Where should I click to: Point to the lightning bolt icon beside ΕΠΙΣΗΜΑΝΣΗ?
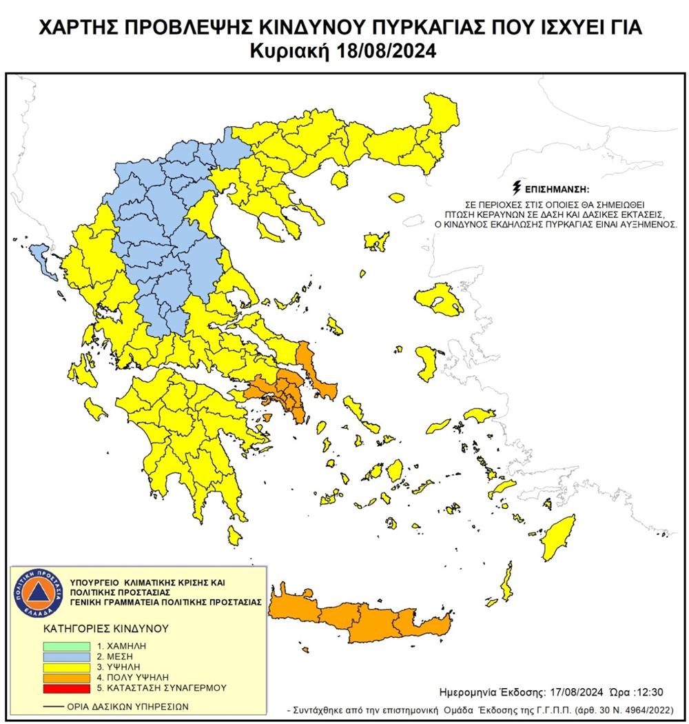[x=516, y=188]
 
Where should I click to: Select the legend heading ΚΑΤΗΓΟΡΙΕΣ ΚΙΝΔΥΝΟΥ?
[x=96, y=629]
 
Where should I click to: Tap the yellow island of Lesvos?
[x=438, y=299]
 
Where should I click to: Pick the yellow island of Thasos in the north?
[x=339, y=181]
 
